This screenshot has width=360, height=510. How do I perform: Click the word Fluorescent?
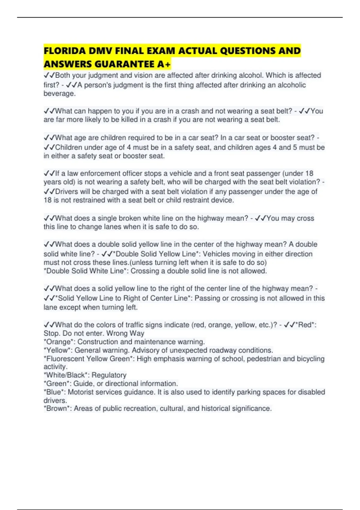(x=65, y=359)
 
